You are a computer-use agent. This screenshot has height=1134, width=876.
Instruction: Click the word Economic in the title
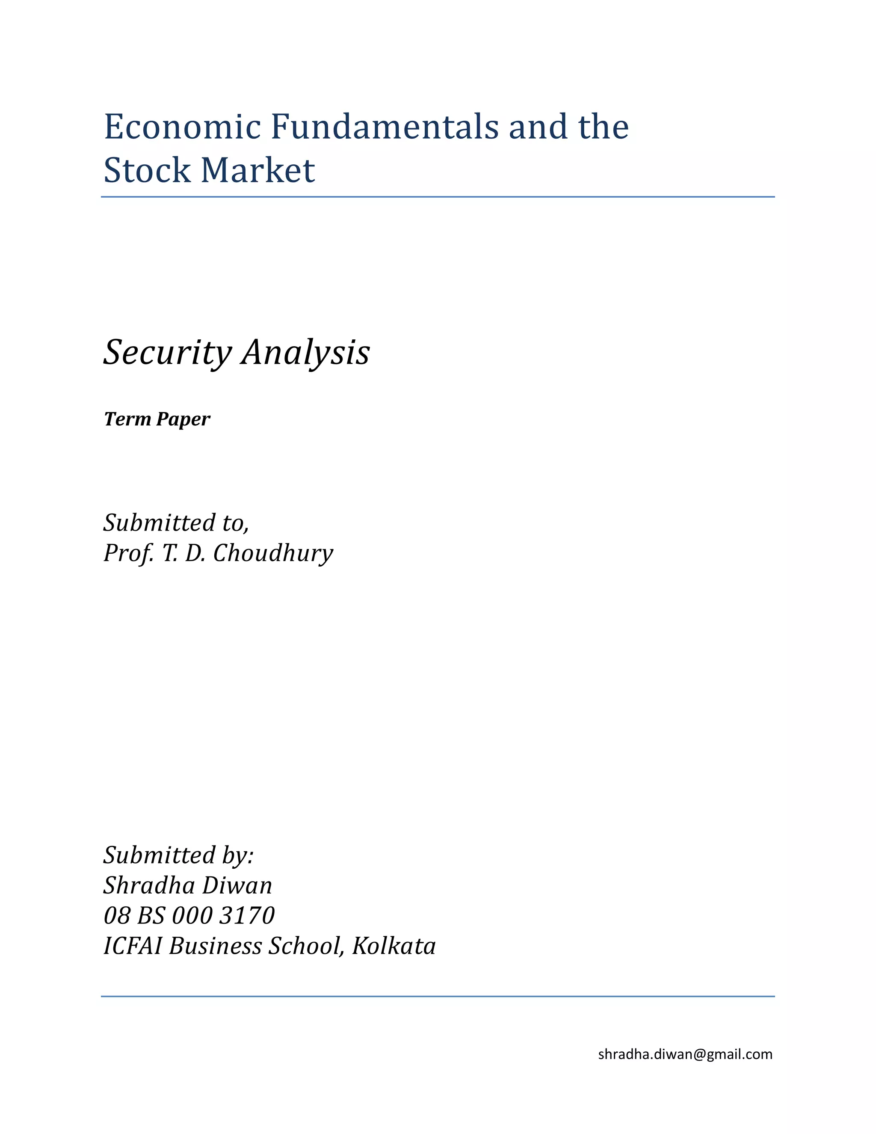point(182,127)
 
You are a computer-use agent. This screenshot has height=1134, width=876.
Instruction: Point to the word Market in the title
point(258,170)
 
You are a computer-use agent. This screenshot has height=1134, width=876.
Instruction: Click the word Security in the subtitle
point(168,353)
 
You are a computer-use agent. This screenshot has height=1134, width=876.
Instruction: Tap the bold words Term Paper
point(157,419)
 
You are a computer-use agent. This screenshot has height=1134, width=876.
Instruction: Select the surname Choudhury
point(273,553)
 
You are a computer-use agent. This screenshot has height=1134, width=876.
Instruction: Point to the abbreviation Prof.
point(129,553)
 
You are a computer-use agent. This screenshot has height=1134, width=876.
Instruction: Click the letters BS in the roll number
point(151,915)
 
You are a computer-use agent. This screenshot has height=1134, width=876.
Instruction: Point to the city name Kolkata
point(394,946)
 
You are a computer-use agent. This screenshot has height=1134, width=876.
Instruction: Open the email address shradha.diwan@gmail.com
point(685,1054)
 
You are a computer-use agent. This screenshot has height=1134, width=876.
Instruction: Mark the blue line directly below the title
point(438,197)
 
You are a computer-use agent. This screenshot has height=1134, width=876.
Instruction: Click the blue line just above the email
point(438,996)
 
